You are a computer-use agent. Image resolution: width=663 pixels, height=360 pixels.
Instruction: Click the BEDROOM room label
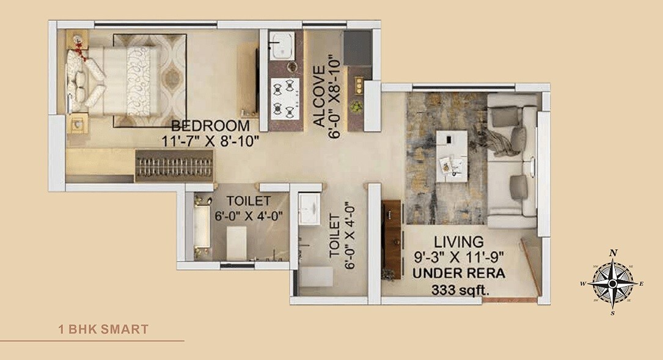[x=211, y=126]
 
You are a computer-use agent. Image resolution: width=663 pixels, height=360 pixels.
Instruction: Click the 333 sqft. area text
[x=461, y=290]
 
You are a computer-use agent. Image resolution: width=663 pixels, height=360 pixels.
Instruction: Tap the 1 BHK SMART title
[x=103, y=329]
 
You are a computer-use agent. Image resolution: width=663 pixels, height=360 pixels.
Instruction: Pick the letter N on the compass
[x=614, y=252]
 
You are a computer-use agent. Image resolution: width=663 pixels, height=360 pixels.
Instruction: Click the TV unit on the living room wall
[x=391, y=238]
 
